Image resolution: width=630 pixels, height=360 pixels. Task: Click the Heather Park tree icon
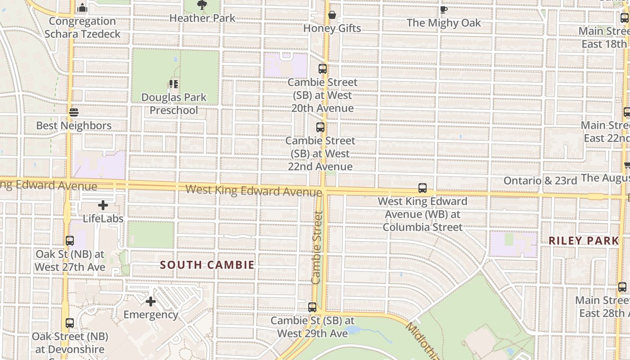point(202,5)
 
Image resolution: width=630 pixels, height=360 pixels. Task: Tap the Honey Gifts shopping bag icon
point(332,15)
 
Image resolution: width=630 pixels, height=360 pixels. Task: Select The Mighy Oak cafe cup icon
point(444,9)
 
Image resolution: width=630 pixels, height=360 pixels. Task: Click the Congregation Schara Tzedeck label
point(82,27)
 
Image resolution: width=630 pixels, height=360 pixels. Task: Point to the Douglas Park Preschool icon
point(174,84)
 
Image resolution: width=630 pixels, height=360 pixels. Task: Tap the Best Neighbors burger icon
point(74,112)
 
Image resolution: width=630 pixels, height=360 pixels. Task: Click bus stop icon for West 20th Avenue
point(323,69)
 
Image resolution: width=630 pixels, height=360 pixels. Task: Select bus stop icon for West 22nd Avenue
point(320,127)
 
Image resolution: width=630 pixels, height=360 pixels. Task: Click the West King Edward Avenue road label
point(254,190)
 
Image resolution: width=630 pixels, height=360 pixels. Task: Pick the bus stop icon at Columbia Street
point(423,188)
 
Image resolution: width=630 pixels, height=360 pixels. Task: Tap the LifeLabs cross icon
point(103,206)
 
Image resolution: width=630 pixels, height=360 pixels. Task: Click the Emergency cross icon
point(151,301)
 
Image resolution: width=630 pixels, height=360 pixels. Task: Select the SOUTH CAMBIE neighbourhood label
point(207,265)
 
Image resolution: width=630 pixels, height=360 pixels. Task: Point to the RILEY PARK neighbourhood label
point(584,240)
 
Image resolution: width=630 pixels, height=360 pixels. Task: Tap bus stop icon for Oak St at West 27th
point(70,241)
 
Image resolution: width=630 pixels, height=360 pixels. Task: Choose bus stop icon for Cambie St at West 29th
point(312,308)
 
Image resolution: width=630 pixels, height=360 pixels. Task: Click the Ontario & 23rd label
point(540,180)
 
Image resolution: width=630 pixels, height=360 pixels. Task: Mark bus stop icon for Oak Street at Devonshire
point(70,323)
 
